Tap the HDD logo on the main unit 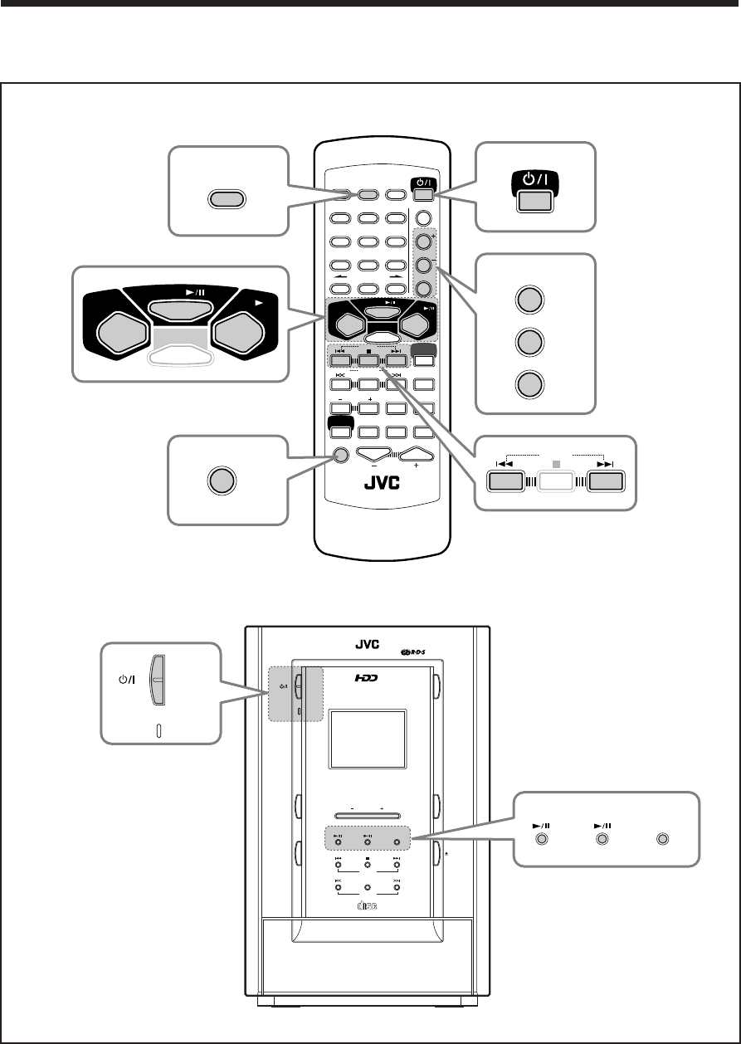(x=366, y=679)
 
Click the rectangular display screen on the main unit (x=368, y=739)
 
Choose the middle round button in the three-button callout (x=534, y=342)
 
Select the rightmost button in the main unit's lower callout (x=662, y=840)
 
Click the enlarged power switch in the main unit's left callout (x=158, y=679)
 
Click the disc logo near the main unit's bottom (x=367, y=905)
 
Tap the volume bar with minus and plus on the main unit (x=368, y=815)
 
